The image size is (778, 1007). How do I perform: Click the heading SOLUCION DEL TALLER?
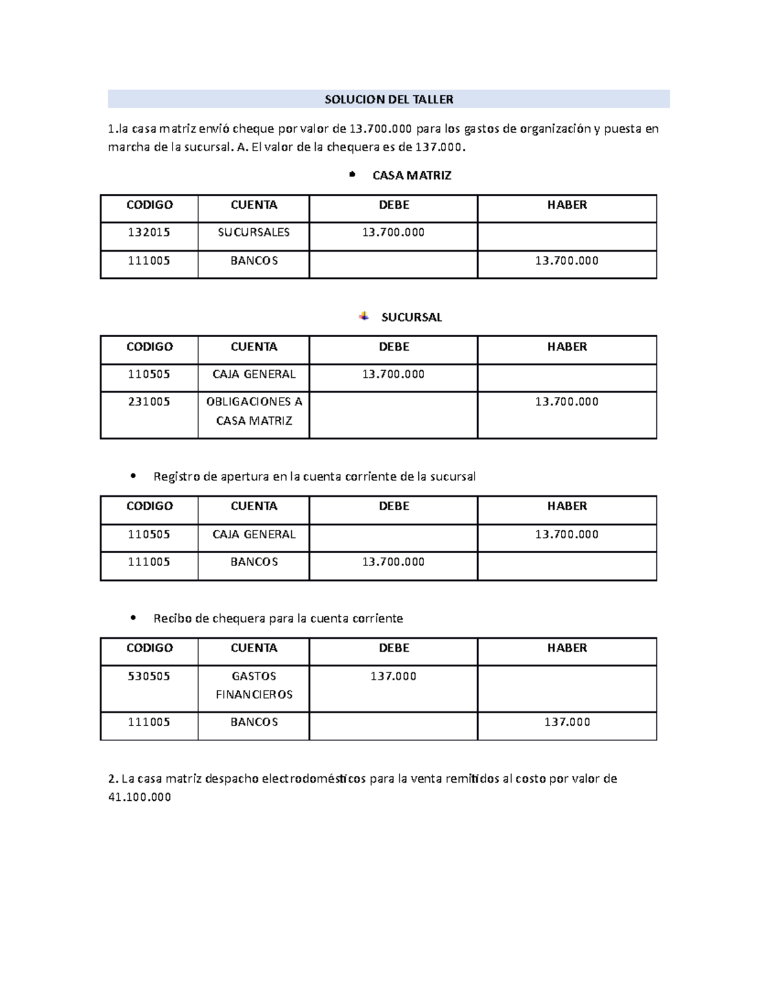coord(388,99)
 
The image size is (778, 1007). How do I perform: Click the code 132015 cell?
coord(149,232)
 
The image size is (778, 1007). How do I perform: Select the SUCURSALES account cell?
coord(253,232)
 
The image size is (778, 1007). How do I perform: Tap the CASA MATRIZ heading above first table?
coord(412,175)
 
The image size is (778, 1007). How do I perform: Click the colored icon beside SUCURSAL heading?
coord(364,316)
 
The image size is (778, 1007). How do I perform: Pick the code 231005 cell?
coord(149,401)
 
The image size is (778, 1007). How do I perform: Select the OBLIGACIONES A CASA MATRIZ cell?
coord(253,411)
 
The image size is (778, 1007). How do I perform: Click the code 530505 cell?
coord(149,676)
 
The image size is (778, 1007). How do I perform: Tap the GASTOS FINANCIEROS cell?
coord(253,685)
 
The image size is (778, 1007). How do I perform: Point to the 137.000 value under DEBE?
coord(393,676)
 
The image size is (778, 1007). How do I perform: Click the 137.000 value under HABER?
coord(567,722)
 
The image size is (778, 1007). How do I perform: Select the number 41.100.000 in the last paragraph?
coord(139,797)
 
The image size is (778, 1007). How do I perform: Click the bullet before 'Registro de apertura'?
coord(133,476)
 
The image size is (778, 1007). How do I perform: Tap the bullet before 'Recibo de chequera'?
coord(133,618)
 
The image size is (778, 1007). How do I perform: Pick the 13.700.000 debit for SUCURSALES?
coord(393,232)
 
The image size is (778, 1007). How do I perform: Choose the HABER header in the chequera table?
coord(567,648)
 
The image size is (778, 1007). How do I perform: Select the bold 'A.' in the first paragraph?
coord(242,147)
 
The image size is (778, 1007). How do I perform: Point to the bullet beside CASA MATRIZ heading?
coord(352,174)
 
